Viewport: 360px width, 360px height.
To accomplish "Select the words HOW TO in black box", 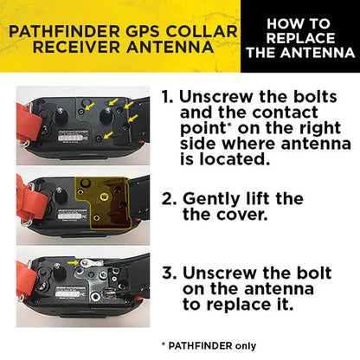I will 297,24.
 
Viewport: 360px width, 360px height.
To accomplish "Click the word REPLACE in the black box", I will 298,40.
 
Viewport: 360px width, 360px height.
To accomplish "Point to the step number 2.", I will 170,200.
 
